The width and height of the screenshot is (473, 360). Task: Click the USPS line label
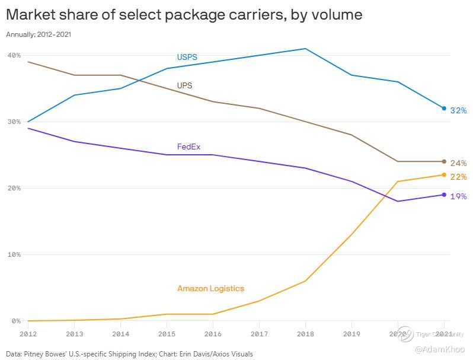coord(187,58)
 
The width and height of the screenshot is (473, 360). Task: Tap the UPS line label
coord(185,86)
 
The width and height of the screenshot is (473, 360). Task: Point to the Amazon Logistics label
coord(210,289)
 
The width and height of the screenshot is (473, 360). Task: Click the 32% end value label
coord(458,111)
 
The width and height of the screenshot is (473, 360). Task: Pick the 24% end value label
coord(458,163)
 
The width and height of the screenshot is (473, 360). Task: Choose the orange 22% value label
coord(458,177)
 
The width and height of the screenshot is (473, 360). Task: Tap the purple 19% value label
coord(458,196)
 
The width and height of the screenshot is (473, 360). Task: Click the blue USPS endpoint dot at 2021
coord(444,109)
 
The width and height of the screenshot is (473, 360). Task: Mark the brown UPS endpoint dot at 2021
coord(444,161)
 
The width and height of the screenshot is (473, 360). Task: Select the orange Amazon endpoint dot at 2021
coord(444,175)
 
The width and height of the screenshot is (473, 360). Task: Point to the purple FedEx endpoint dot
coord(444,195)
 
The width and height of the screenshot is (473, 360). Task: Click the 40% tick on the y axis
coord(14,56)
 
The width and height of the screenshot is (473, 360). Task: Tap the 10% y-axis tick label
coord(14,255)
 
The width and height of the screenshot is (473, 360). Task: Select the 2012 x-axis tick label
coord(28,334)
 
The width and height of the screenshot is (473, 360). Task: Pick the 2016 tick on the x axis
coord(213,334)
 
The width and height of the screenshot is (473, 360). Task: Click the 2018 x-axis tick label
coord(305,334)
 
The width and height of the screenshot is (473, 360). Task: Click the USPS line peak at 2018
coord(305,49)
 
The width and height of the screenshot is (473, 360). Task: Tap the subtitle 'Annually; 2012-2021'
coord(39,34)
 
